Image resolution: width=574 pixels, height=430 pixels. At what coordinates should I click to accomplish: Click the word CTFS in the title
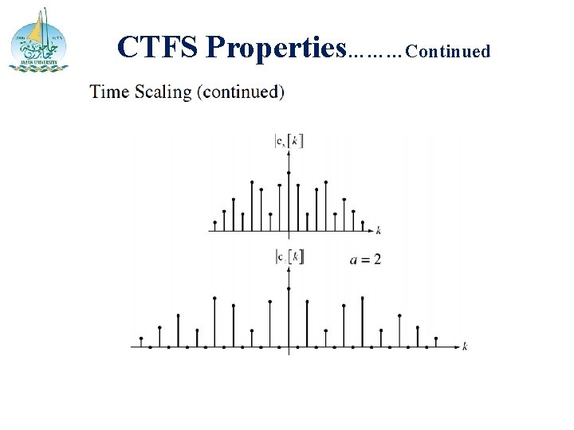(x=157, y=48)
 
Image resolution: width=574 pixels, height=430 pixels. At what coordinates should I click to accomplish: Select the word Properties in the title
(x=276, y=48)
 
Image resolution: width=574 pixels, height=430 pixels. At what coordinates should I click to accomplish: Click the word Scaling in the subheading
(x=167, y=92)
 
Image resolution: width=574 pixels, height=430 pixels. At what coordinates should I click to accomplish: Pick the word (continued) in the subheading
(x=242, y=92)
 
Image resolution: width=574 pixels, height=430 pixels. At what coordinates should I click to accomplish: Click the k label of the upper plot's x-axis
(x=378, y=231)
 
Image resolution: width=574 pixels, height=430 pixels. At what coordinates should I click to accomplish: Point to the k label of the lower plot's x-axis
(x=465, y=347)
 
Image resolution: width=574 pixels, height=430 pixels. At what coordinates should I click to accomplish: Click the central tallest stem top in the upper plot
(x=289, y=173)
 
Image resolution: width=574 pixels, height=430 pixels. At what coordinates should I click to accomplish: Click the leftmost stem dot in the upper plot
(x=215, y=221)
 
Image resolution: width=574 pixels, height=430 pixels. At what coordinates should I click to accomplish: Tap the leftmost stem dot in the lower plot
(x=141, y=338)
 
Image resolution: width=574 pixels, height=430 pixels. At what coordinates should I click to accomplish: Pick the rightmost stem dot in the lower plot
(x=437, y=338)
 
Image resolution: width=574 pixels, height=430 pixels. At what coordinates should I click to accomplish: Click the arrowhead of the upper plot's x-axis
(x=370, y=231)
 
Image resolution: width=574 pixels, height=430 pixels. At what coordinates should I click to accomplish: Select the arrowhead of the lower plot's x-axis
(x=456, y=347)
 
